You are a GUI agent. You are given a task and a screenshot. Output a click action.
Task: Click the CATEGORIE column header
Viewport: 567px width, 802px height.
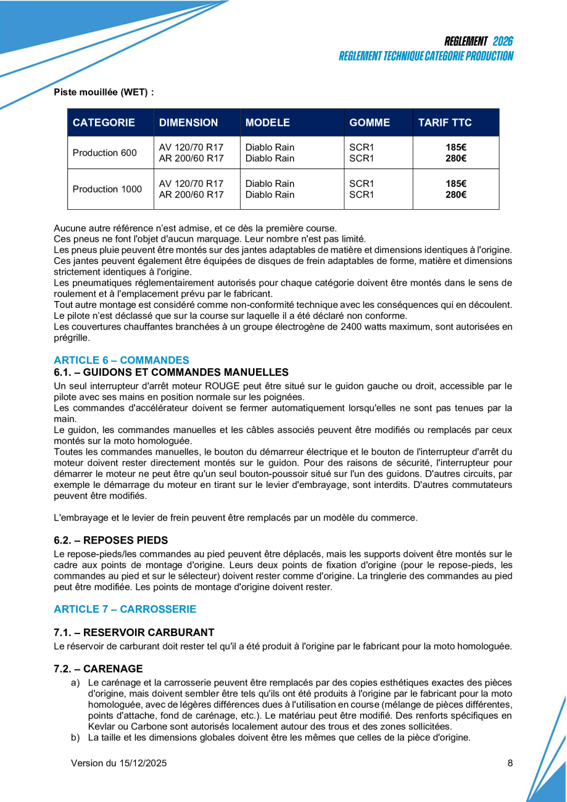pyautogui.click(x=104, y=122)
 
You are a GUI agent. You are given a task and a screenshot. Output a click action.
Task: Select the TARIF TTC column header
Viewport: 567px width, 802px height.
pyautogui.click(x=445, y=122)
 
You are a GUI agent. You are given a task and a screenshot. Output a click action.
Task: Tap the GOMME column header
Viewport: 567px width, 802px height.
pyautogui.click(x=370, y=122)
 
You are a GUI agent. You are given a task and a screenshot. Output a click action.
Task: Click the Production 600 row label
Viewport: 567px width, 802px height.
pyautogui.click(x=105, y=153)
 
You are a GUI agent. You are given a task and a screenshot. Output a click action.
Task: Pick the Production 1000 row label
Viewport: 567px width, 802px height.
pyautogui.click(x=107, y=189)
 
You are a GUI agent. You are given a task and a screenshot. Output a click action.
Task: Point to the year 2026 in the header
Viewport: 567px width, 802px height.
pyautogui.click(x=503, y=41)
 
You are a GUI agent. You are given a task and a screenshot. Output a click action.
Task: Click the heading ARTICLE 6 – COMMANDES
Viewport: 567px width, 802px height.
pyautogui.click(x=122, y=360)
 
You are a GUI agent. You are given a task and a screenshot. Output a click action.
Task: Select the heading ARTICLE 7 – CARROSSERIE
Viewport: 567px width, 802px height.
pyautogui.click(x=125, y=610)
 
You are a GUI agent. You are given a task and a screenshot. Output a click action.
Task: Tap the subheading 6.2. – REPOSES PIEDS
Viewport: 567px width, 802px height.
pyautogui.click(x=110, y=540)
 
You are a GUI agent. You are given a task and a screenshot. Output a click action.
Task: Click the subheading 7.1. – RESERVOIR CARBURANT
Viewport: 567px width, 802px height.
pyautogui.click(x=134, y=632)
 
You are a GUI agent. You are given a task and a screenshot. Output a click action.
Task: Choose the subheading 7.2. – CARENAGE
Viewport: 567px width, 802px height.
pyautogui.click(x=98, y=669)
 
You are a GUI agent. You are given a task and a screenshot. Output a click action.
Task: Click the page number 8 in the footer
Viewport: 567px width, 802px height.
pyautogui.click(x=510, y=763)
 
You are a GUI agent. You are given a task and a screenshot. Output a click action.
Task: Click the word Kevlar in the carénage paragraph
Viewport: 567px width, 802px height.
pyautogui.click(x=102, y=727)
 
